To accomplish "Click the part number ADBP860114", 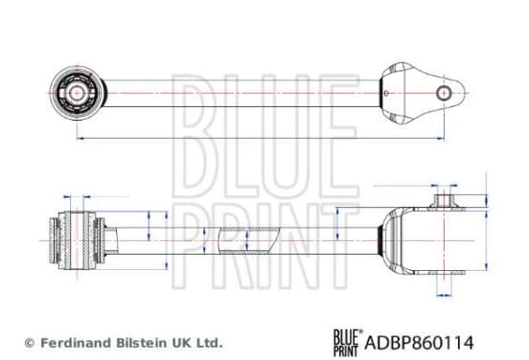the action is (x=419, y=343).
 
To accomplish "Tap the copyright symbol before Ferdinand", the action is (x=30, y=343).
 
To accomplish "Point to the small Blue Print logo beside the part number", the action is (x=348, y=343).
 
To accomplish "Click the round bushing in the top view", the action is (x=78, y=93).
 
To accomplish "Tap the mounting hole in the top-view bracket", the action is (x=444, y=93).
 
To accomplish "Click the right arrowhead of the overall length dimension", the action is (x=441, y=138).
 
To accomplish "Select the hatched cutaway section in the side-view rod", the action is (x=248, y=240).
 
